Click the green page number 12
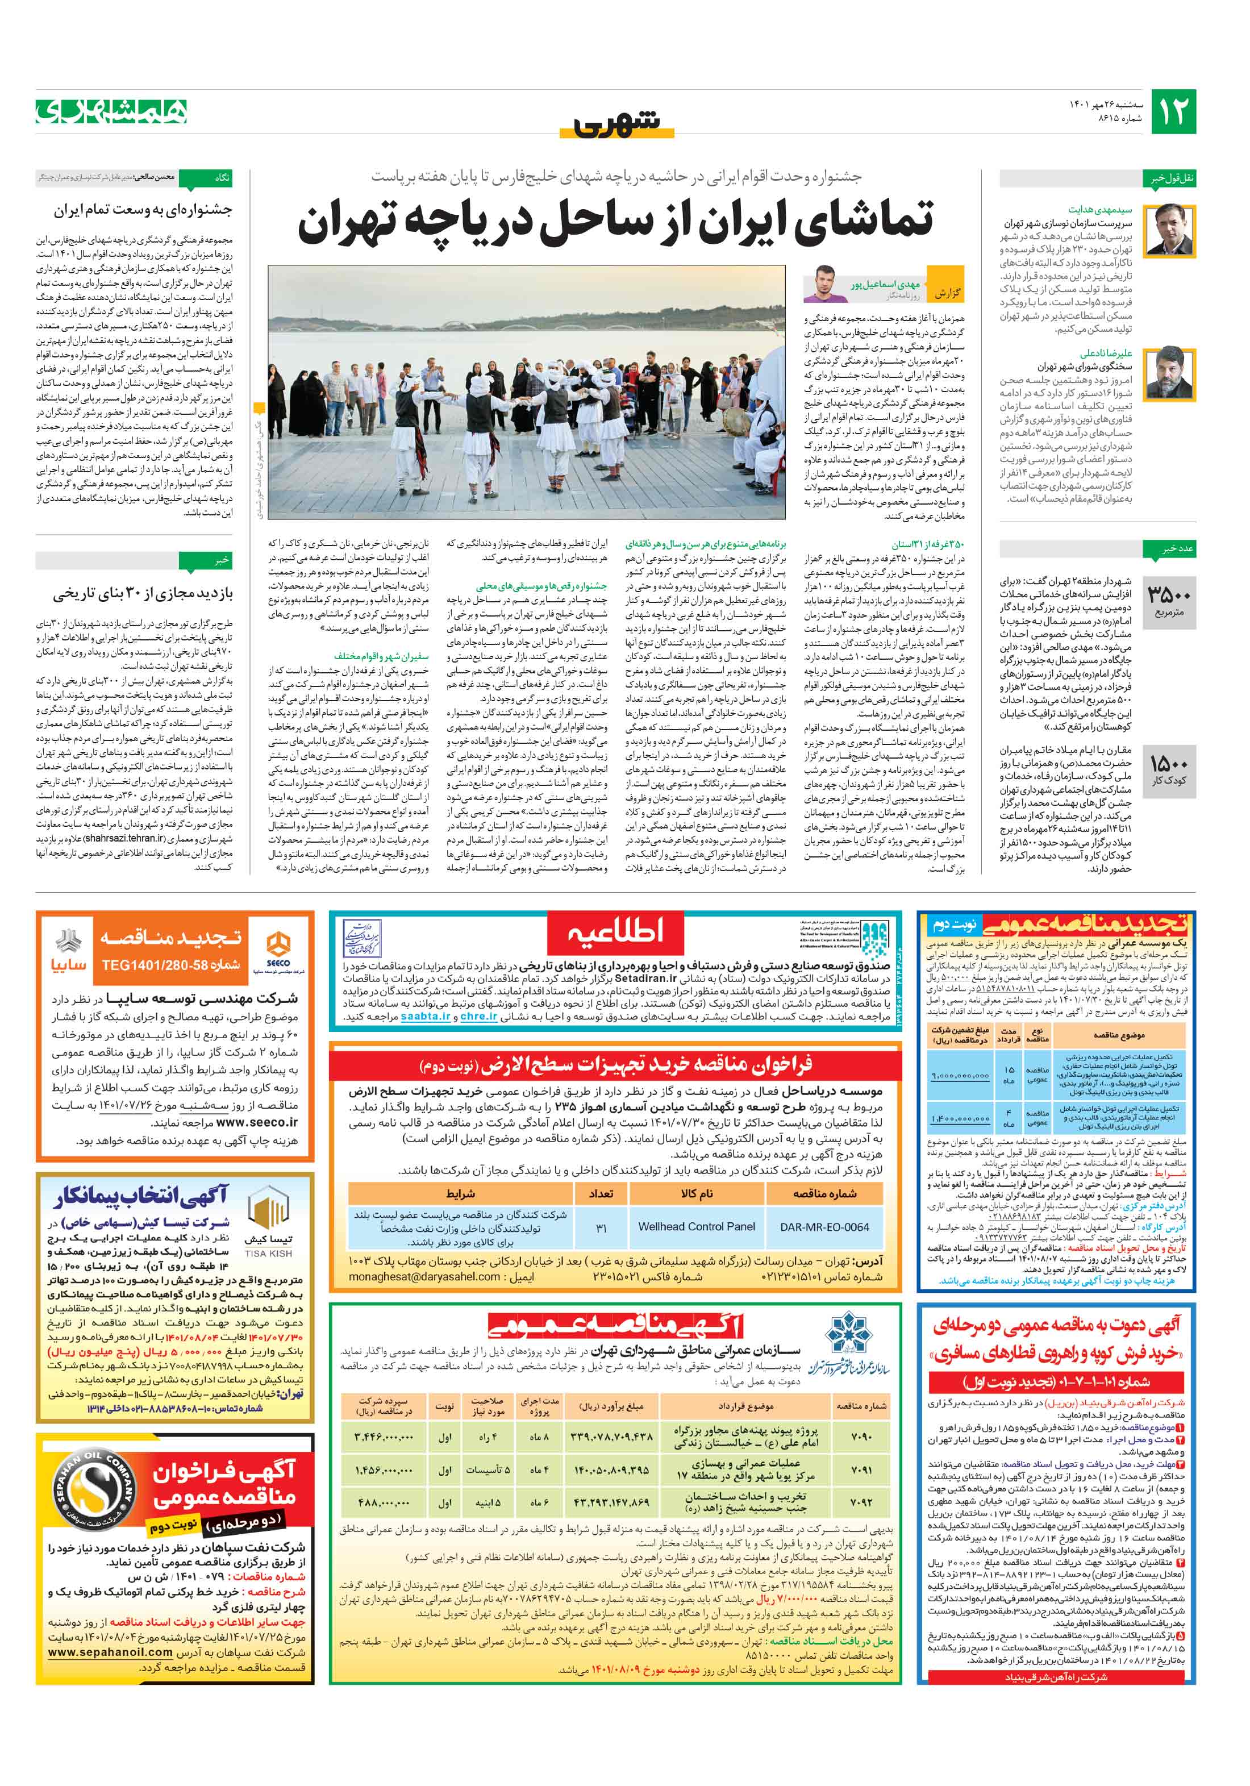point(1173,112)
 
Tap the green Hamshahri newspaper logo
point(111,112)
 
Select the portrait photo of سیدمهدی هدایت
point(1168,228)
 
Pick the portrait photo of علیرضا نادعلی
point(1168,373)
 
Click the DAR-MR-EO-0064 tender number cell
point(824,1227)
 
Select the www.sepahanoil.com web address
point(110,1651)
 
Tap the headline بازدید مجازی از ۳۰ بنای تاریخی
point(143,594)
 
